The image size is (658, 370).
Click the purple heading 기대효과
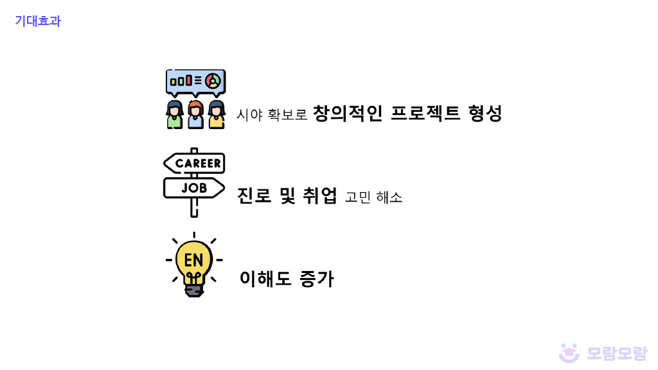(38, 21)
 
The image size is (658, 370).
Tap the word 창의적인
(347, 114)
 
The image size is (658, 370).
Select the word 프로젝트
(425, 114)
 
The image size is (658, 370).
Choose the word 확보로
(287, 115)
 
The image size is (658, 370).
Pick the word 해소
(390, 197)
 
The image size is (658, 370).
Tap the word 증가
(317, 279)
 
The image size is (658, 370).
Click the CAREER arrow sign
(195, 163)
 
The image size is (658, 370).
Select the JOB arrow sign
(194, 188)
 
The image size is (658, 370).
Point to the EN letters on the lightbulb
(193, 260)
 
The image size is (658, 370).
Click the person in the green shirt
(175, 116)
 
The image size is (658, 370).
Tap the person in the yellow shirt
(217, 116)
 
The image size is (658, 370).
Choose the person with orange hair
(196, 114)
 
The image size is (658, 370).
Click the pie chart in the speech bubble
(213, 81)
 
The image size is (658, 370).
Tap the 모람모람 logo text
(617, 353)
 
